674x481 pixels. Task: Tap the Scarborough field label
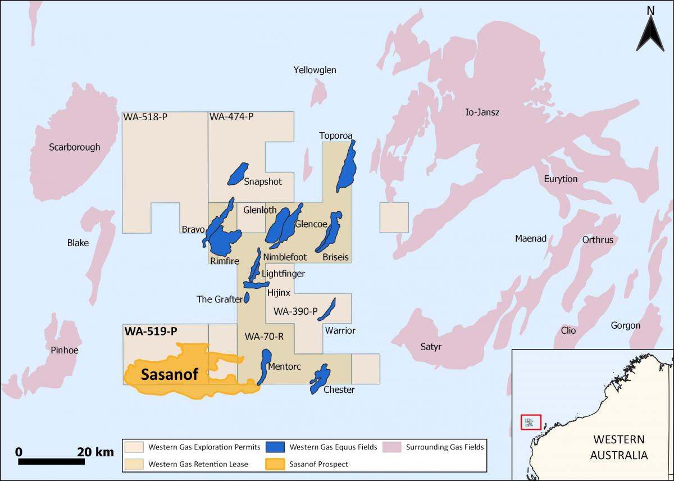[x=74, y=147]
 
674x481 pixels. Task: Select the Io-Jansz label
[x=482, y=112]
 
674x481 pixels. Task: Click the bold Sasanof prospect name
[x=169, y=375]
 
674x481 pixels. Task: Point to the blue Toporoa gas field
[x=347, y=166]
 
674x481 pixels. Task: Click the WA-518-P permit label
[x=145, y=117]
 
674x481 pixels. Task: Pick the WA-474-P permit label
[x=231, y=117]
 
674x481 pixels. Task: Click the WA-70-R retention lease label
[x=264, y=337]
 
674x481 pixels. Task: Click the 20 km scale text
[x=95, y=451]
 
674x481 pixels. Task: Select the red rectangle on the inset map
[x=530, y=422]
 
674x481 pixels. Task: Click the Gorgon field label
[x=625, y=325]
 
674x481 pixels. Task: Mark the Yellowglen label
[x=315, y=70]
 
